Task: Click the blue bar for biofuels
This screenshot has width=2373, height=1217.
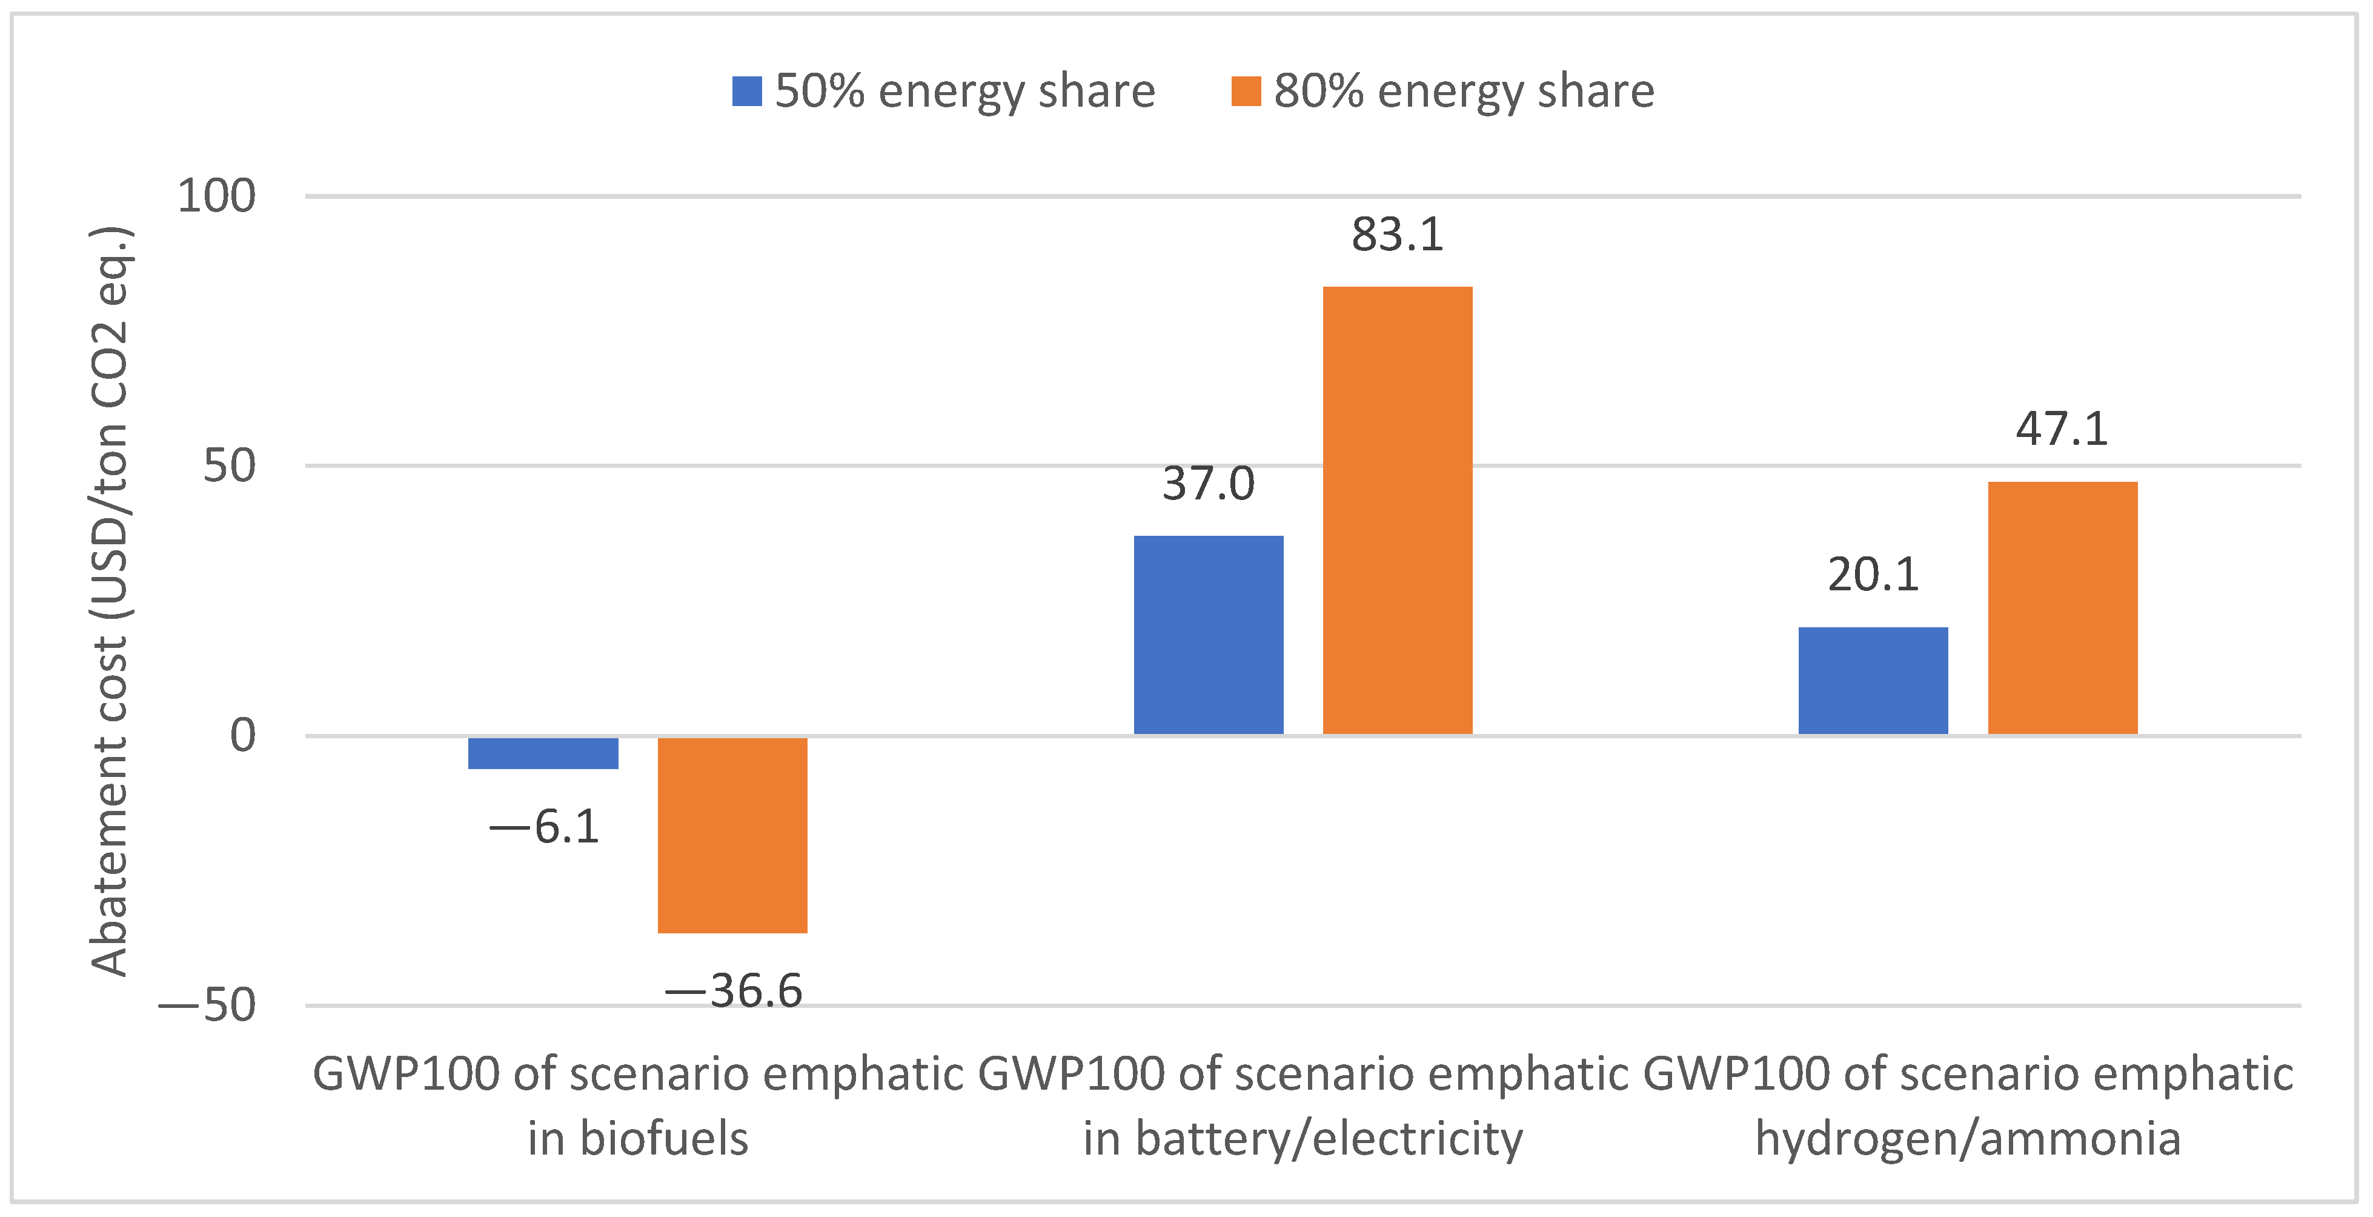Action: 543,753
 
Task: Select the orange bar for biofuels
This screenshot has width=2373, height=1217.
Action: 732,835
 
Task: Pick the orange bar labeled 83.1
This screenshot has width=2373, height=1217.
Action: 1398,510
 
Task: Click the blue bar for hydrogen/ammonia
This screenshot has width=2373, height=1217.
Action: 1873,681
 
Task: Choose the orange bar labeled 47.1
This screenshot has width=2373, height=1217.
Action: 2063,608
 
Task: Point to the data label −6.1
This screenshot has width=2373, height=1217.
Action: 545,826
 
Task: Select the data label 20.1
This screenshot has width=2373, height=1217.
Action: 1873,575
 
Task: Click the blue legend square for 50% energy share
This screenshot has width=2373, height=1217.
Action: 746,91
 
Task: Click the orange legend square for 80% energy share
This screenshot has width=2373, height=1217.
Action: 1246,91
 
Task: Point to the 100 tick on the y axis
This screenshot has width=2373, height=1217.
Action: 216,196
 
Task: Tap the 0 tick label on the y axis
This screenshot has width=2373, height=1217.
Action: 242,735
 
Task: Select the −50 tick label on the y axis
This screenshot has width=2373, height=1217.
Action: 207,1005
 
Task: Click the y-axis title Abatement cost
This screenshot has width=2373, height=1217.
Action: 110,601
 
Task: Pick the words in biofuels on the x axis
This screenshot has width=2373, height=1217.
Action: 637,1139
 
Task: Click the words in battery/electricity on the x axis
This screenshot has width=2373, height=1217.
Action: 1303,1139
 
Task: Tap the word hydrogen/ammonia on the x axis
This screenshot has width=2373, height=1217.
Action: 1968,1139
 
